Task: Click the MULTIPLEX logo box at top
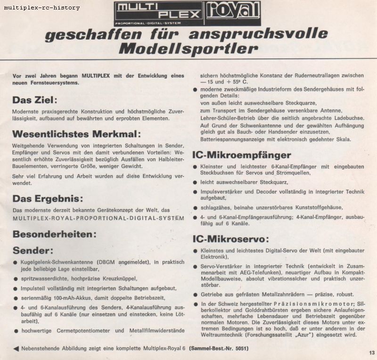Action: [x=158, y=13]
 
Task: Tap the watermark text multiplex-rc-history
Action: [x=42, y=8]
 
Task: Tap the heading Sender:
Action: [x=33, y=249]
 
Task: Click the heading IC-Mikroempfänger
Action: [x=241, y=155]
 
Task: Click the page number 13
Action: [x=371, y=352]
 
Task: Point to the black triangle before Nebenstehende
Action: [x=16, y=349]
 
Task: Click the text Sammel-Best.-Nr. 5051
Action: [x=219, y=349]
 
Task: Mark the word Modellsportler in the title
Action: [x=188, y=49]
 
